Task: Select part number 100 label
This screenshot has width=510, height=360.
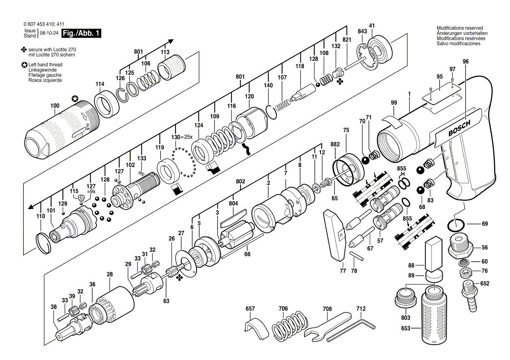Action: click(55, 106)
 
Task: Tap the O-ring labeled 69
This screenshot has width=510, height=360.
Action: click(456, 225)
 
